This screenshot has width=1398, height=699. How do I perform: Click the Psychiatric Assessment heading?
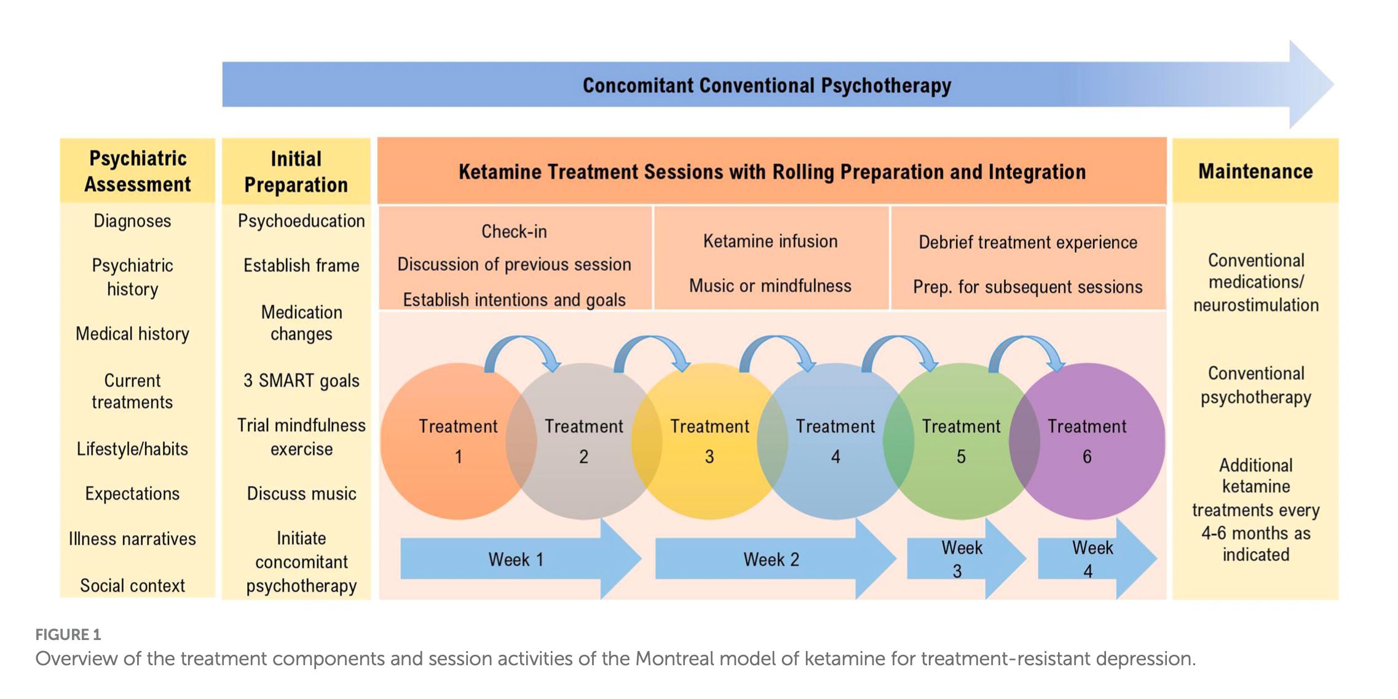[x=138, y=171]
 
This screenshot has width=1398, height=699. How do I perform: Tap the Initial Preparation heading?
[x=296, y=172]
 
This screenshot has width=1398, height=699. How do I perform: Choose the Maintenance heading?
[x=1255, y=171]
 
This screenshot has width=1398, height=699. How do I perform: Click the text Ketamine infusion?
[x=770, y=241]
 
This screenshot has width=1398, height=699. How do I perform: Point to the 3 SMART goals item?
[x=301, y=381]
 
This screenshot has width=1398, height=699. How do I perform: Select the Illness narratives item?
[x=132, y=539]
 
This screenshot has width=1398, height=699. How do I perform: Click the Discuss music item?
[x=301, y=494]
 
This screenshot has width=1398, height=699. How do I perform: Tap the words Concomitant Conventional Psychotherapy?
[x=767, y=85]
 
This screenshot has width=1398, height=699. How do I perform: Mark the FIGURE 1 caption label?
[x=68, y=635]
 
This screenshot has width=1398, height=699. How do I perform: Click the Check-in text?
[x=514, y=232]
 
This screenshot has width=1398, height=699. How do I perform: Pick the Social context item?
[x=132, y=585]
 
